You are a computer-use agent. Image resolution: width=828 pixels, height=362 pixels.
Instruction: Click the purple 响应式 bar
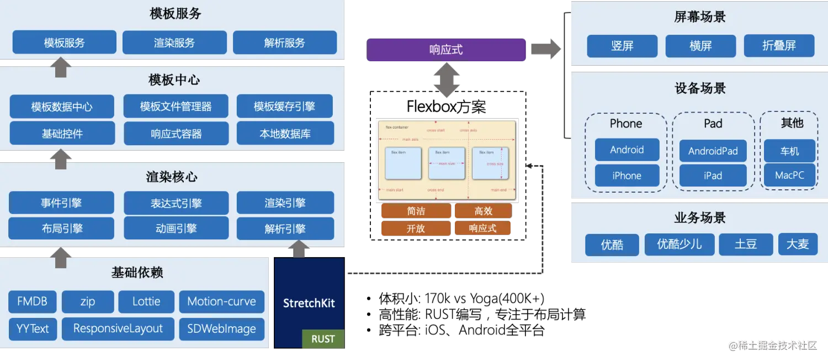446,50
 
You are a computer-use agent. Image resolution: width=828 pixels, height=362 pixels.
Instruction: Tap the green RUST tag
323,339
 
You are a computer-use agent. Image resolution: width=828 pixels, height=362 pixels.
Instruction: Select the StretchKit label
309,303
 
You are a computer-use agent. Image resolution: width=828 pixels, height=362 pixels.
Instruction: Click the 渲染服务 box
174,42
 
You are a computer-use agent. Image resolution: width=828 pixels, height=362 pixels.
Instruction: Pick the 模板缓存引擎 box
284,107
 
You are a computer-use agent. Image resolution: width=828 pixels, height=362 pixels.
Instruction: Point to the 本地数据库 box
285,134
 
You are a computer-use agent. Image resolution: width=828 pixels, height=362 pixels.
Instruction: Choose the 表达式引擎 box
176,203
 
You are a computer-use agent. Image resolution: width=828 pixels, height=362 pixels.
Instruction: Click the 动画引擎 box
176,228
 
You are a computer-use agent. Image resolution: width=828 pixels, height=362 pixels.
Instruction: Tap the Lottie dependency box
146,302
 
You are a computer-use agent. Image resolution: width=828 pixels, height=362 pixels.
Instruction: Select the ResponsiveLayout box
118,329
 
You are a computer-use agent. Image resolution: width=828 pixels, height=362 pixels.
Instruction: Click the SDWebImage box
221,329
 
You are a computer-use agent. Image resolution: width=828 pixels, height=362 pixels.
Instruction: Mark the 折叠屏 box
779,46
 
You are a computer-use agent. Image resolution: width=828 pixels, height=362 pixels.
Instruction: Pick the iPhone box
627,175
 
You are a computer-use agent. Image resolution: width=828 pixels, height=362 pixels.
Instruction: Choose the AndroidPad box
713,151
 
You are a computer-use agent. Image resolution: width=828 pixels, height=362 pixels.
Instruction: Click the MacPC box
789,175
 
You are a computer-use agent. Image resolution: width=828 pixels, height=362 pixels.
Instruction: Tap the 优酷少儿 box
679,244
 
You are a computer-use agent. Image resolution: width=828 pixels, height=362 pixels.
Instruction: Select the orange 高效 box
483,211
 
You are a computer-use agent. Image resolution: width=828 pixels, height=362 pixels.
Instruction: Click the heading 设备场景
699,88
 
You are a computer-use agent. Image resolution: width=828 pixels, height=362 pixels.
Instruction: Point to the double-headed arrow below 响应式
446,81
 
